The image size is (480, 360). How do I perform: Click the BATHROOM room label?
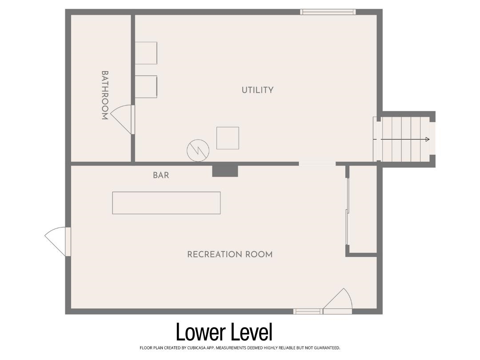tap(105, 95)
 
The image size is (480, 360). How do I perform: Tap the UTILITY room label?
tap(257, 90)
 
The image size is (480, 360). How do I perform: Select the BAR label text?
tap(161, 175)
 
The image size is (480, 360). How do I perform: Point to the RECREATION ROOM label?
tap(230, 254)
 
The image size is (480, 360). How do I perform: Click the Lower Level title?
tap(224, 332)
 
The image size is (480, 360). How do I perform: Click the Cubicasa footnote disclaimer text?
tap(240, 348)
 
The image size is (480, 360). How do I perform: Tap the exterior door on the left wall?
tap(57, 241)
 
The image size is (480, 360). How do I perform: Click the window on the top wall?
tap(328, 12)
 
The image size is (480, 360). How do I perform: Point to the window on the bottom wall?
tap(308, 312)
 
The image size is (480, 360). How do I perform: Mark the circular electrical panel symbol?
tap(198, 151)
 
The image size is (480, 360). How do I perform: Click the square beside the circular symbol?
tap(228, 138)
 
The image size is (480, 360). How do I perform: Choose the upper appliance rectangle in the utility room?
tap(146, 53)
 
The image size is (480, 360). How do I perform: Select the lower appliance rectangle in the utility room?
tap(146, 87)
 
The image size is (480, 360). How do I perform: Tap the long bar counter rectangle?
tap(167, 203)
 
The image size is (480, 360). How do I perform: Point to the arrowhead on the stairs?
tap(428, 140)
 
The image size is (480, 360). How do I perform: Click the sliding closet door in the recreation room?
tap(348, 211)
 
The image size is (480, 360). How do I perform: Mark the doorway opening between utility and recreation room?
tap(317, 164)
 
